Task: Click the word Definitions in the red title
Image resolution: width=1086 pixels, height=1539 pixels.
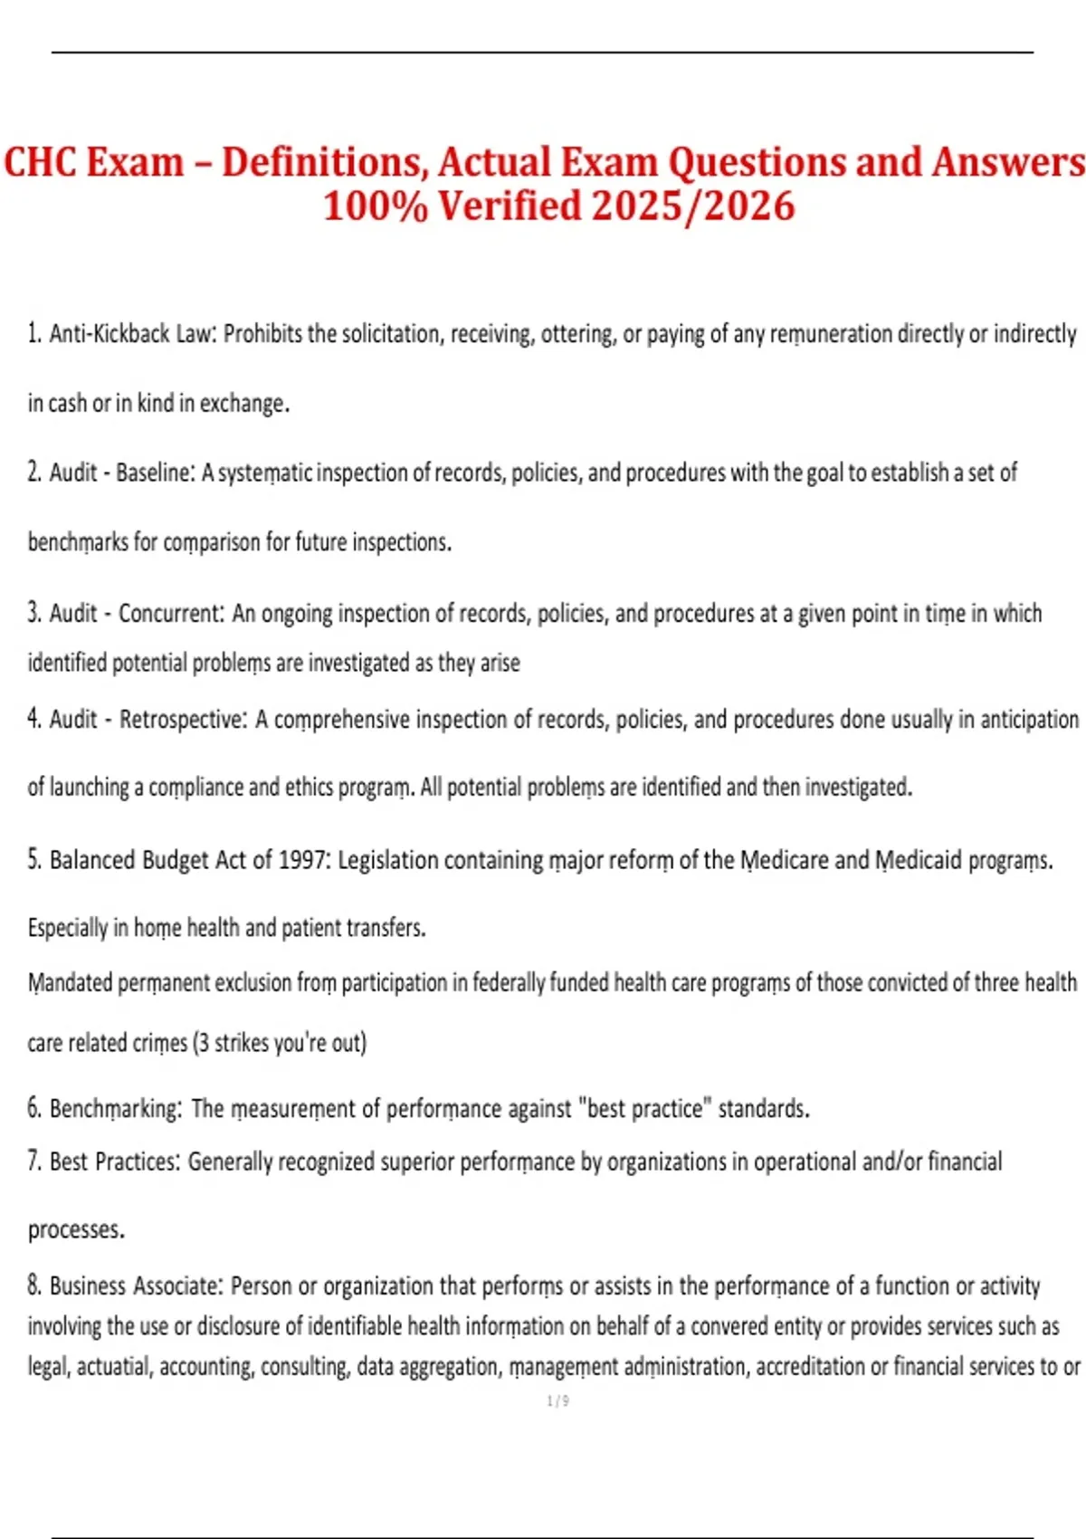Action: [323, 163]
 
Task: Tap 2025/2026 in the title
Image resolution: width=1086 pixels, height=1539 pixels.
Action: [693, 206]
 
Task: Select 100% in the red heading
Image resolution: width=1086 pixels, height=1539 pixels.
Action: [375, 206]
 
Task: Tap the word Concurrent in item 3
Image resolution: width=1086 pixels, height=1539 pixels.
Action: [171, 614]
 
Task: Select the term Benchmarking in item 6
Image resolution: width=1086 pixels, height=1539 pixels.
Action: [116, 1108]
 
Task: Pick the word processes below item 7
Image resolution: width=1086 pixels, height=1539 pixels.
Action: [76, 1230]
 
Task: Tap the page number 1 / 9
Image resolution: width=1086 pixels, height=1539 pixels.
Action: [557, 1401]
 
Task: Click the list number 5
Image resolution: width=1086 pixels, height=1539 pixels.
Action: [34, 860]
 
